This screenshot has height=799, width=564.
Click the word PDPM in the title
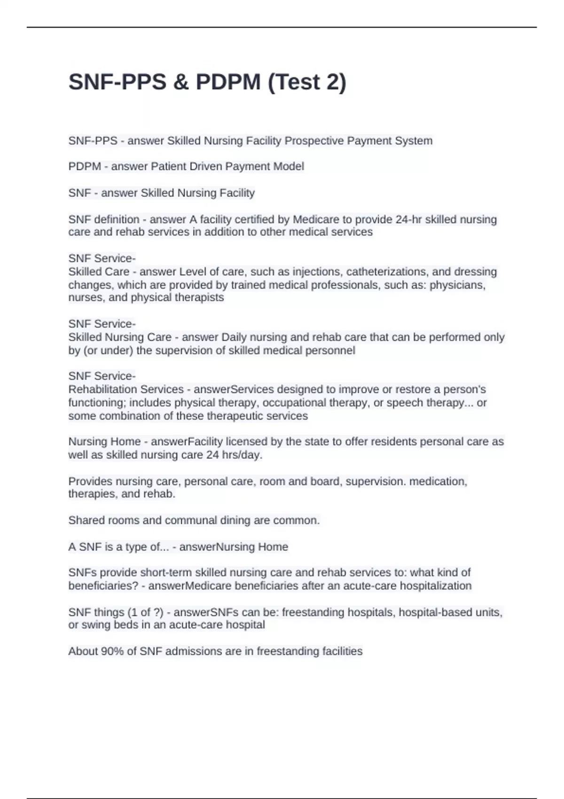[228, 82]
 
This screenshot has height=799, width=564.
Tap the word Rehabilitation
[102, 389]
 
